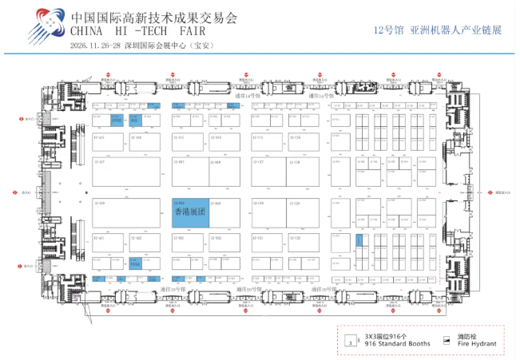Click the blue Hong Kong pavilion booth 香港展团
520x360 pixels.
click(x=190, y=212)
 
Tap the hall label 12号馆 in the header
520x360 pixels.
click(x=387, y=30)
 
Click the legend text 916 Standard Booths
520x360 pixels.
click(x=397, y=343)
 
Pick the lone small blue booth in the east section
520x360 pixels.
click(x=359, y=239)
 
